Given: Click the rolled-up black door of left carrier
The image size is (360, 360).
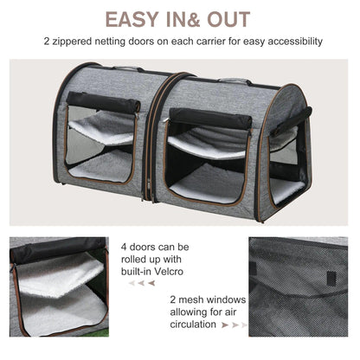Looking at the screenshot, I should click(x=105, y=103).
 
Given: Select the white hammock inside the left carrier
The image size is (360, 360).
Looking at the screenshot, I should click(x=102, y=130).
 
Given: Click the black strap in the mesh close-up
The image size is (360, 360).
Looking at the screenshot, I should click(x=331, y=278).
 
